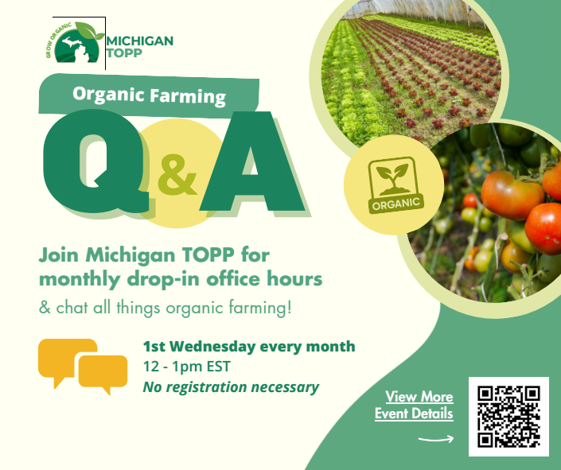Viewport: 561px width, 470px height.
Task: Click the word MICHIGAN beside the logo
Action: click(x=139, y=41)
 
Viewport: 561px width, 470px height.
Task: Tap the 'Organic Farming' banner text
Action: click(x=149, y=95)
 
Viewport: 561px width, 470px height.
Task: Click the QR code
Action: click(x=508, y=416)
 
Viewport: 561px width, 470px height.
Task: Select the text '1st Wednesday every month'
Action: click(x=248, y=347)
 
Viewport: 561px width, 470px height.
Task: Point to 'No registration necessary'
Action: click(x=230, y=388)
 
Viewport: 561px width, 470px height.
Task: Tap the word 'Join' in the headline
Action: click(x=60, y=256)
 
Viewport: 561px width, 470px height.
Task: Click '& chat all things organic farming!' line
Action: click(x=165, y=307)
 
